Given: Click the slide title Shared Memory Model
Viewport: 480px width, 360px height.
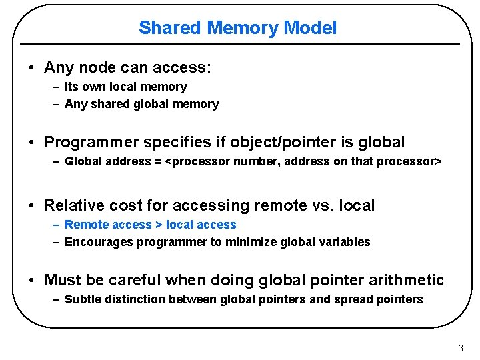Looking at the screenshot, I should coord(237,28).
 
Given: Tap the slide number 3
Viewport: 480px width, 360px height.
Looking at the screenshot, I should coord(460,348).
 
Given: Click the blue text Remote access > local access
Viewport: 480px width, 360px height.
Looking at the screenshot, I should coord(150,225).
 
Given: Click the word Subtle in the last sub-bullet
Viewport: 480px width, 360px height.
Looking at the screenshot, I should coord(81,299).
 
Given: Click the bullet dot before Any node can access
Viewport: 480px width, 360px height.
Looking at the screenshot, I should coord(32,68).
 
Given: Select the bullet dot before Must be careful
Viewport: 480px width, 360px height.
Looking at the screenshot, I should coord(32,281).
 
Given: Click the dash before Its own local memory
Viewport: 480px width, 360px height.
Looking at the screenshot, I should coord(56,87).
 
